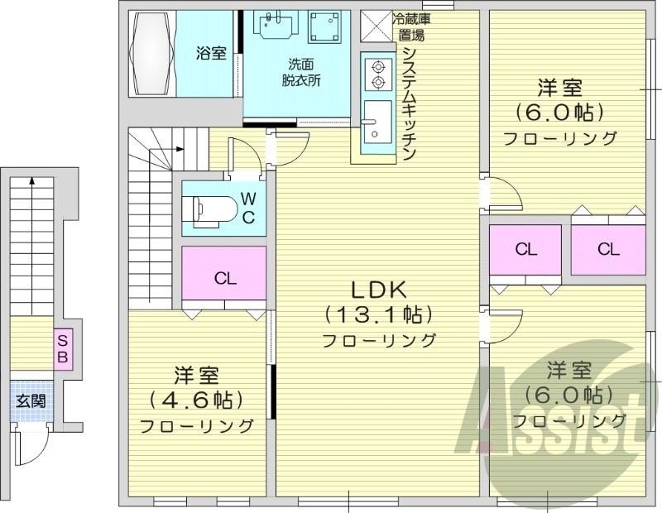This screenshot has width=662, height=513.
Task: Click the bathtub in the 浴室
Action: (x=153, y=54)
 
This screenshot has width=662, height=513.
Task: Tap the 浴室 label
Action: (x=211, y=53)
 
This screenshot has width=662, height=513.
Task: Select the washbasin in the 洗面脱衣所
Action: (x=276, y=25)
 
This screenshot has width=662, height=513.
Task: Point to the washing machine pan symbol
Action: (x=324, y=27)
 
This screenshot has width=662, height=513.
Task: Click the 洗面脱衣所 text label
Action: (x=301, y=73)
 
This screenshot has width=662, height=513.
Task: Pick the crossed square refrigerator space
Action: (x=377, y=26)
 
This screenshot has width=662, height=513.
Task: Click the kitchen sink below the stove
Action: (x=377, y=122)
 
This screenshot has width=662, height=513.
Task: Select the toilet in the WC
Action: (x=210, y=209)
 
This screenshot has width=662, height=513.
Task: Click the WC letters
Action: (x=249, y=208)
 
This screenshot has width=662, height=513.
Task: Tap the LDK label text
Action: (x=379, y=290)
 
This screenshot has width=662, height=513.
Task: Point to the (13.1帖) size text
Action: (x=379, y=315)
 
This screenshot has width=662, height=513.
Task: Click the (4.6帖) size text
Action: (x=196, y=400)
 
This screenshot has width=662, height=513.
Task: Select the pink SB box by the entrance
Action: (x=63, y=348)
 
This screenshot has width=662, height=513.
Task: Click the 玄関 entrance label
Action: (x=31, y=400)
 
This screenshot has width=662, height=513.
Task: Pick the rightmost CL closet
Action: (x=608, y=250)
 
